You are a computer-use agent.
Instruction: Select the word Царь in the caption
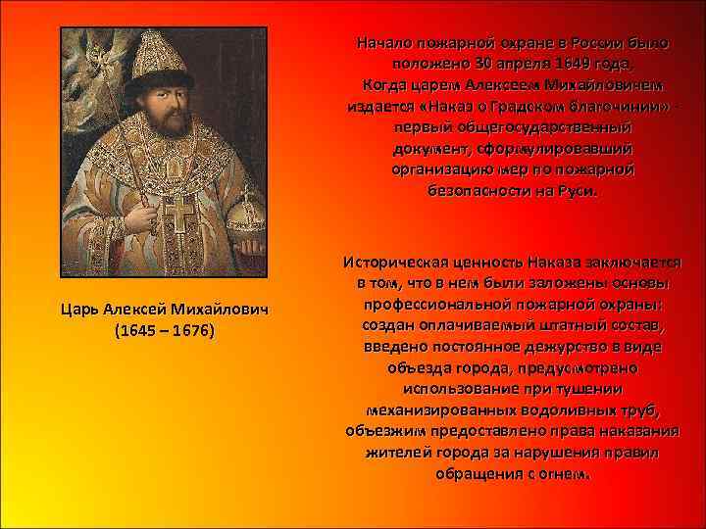click(x=78, y=310)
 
